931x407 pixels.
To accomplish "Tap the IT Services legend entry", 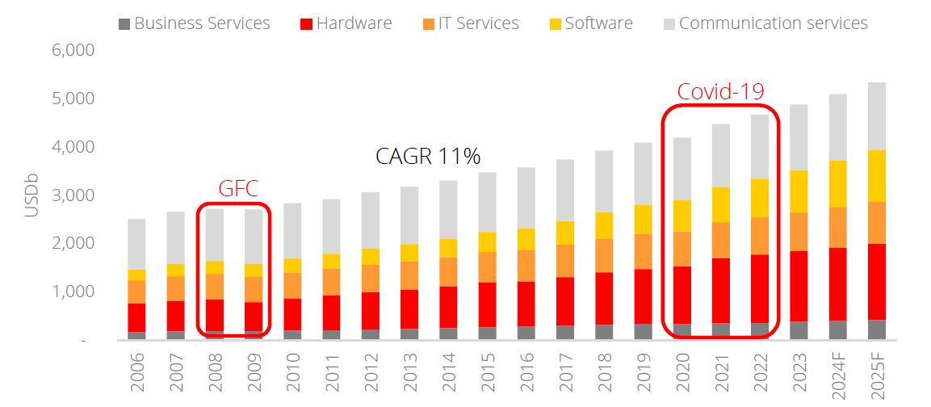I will click(474, 23).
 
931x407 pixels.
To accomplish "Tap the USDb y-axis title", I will click(31, 195).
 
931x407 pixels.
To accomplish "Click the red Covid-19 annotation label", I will click(720, 90).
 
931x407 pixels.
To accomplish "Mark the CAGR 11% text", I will click(428, 156).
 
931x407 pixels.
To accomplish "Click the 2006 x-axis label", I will click(137, 373).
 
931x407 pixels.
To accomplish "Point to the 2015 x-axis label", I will click(487, 373).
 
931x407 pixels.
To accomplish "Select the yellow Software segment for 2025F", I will click(876, 176).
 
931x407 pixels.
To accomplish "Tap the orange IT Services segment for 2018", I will click(603, 255).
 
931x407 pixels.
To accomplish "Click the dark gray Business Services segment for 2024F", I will click(837, 330).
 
